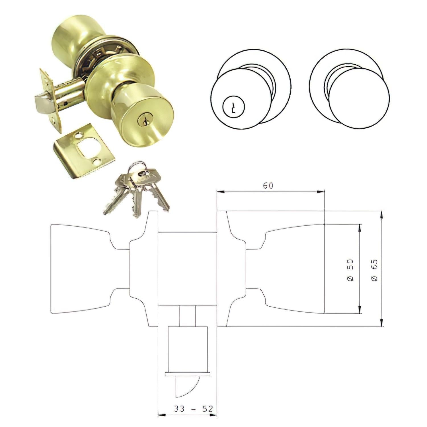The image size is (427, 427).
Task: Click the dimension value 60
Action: tap(268, 186)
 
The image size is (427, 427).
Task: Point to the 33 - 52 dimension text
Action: tap(194, 409)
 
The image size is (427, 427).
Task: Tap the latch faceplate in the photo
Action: tap(51, 101)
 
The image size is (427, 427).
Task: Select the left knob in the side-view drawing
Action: tap(80, 269)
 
